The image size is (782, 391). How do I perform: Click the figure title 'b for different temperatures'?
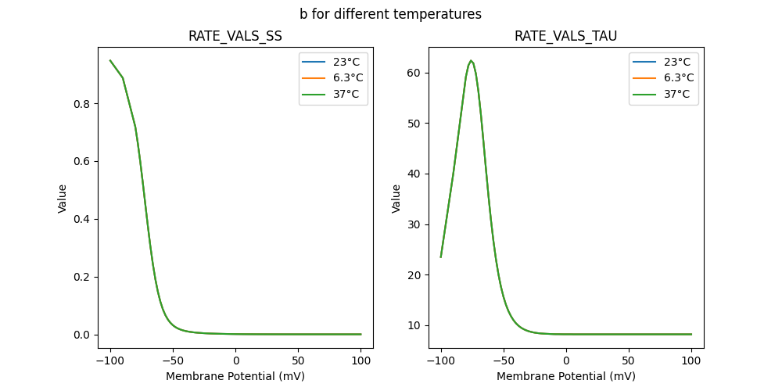pyautogui.click(x=390, y=14)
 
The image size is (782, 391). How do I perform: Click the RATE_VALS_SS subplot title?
pyautogui.click(x=235, y=36)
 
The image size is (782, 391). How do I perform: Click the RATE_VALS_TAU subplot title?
pyautogui.click(x=565, y=36)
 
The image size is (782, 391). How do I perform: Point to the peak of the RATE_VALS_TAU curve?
pyautogui.click(x=471, y=60)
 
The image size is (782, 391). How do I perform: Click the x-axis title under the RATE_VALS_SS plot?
pyautogui.click(x=235, y=376)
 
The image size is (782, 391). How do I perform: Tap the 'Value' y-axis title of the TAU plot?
pyautogui.click(x=396, y=198)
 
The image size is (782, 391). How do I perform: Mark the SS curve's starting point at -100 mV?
pyautogui.click(x=110, y=60)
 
